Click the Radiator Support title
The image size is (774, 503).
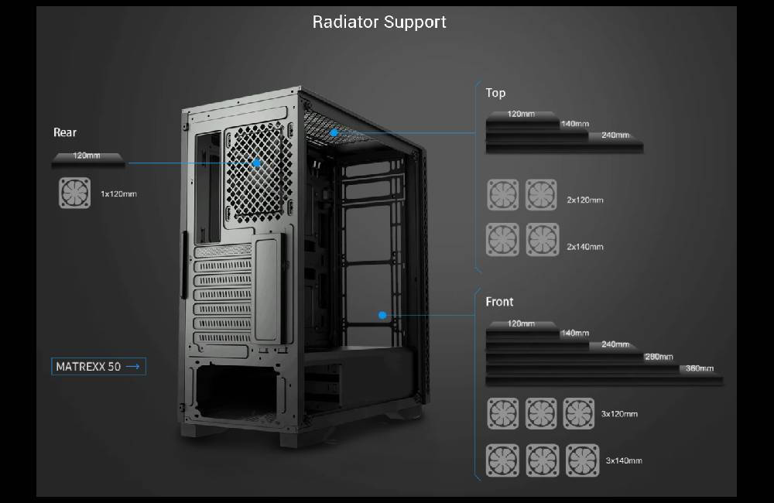379,22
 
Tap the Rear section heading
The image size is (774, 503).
65,132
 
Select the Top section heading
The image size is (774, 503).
495,93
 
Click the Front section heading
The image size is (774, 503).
499,301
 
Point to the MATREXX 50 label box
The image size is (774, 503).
99,366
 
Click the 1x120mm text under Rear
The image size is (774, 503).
118,193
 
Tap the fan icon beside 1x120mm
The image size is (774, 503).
74,193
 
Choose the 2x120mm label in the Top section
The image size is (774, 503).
584,200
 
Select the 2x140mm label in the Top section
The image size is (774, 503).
584,247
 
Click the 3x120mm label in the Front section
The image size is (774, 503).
619,414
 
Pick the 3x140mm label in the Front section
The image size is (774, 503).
623,460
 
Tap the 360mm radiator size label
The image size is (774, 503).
700,368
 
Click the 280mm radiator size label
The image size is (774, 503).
659,357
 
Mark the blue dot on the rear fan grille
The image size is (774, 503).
256,163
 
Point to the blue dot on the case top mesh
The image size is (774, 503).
334,132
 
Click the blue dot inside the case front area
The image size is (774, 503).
382,315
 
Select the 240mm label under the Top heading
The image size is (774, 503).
615,135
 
